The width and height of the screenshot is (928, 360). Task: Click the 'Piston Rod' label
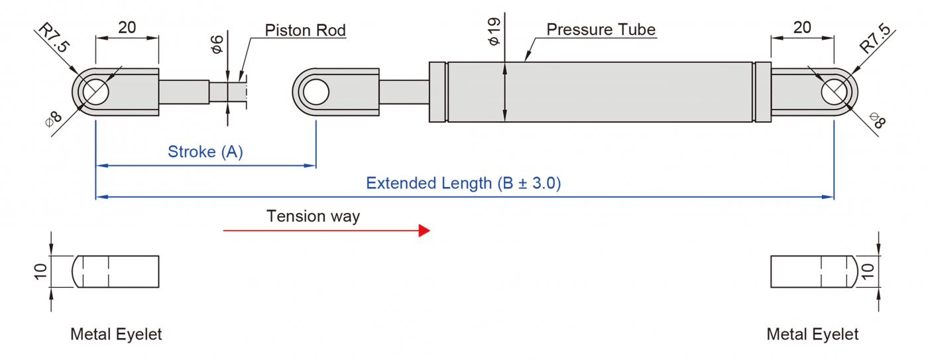(305, 30)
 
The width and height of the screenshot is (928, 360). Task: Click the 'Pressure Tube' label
(601, 30)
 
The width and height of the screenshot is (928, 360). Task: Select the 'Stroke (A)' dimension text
(205, 152)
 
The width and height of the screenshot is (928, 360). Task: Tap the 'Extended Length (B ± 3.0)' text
(463, 183)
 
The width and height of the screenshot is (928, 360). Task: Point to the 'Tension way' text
(313, 216)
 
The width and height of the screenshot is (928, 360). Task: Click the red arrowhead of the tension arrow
(424, 231)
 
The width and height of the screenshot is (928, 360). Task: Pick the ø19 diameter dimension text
(493, 32)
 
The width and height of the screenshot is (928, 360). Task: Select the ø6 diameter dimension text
(216, 44)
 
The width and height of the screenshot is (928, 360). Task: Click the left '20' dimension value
(127, 27)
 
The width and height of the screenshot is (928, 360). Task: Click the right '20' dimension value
(802, 27)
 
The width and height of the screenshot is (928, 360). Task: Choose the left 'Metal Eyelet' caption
(116, 334)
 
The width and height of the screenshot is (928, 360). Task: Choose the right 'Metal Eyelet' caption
(812, 334)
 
